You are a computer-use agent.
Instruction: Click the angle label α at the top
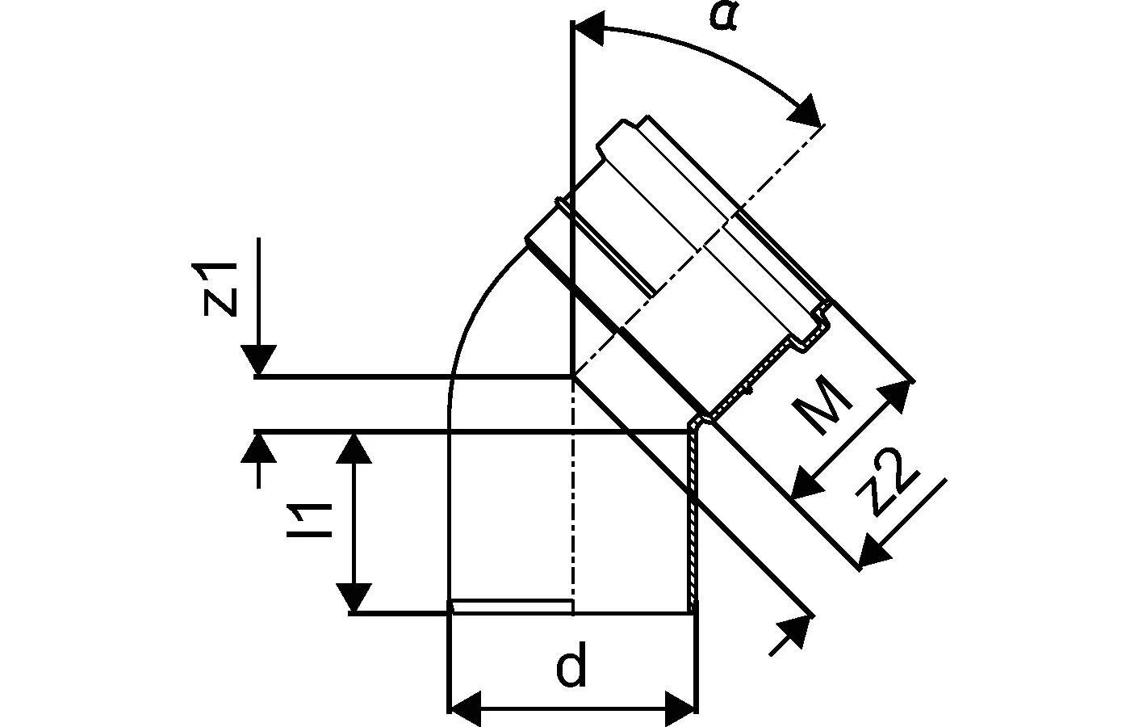724,15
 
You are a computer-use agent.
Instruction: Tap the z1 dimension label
220,289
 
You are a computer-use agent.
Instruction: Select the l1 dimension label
312,521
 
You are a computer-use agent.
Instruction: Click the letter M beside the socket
822,404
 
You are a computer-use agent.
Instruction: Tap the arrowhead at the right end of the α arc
806,112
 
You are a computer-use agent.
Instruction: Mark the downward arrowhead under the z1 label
258,360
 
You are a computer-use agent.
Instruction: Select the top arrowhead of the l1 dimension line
354,448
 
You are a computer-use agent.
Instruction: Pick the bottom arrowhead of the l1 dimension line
354,598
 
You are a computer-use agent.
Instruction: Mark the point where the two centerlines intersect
572,376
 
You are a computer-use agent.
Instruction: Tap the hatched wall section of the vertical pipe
693,525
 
